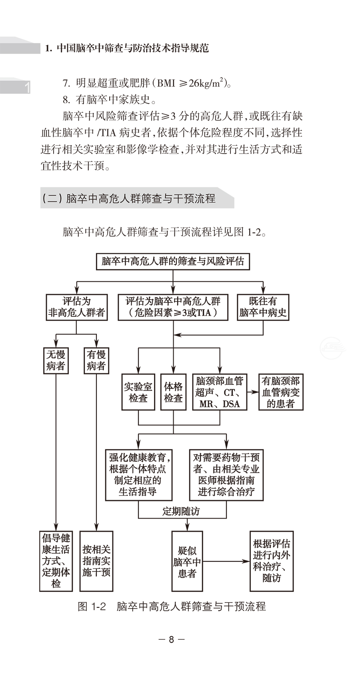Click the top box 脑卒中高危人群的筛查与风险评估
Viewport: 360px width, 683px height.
click(x=173, y=261)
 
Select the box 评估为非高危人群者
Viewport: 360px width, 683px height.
click(x=76, y=307)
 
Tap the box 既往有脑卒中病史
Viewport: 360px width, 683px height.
click(x=263, y=307)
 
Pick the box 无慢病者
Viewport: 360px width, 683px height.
click(x=56, y=360)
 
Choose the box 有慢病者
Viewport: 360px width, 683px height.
click(x=96, y=360)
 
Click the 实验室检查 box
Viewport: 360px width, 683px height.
click(x=138, y=392)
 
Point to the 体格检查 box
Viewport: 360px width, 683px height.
click(x=173, y=392)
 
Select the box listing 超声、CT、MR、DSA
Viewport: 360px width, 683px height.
click(x=220, y=392)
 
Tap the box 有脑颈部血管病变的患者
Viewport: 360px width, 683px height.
click(x=280, y=392)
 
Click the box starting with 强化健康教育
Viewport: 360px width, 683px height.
click(x=139, y=475)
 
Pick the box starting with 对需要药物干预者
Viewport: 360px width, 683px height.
click(x=226, y=475)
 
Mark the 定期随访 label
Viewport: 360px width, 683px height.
click(x=181, y=511)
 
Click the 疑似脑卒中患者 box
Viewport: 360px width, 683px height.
click(x=187, y=561)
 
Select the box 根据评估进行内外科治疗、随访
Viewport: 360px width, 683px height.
click(x=272, y=561)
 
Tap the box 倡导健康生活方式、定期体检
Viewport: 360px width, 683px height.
click(x=56, y=561)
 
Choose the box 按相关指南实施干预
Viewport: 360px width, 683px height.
click(x=96, y=561)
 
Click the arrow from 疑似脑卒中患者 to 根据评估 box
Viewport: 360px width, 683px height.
click(x=226, y=561)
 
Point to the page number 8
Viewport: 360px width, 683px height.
click(x=172, y=639)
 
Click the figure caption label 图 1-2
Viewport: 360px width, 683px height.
click(x=92, y=607)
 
